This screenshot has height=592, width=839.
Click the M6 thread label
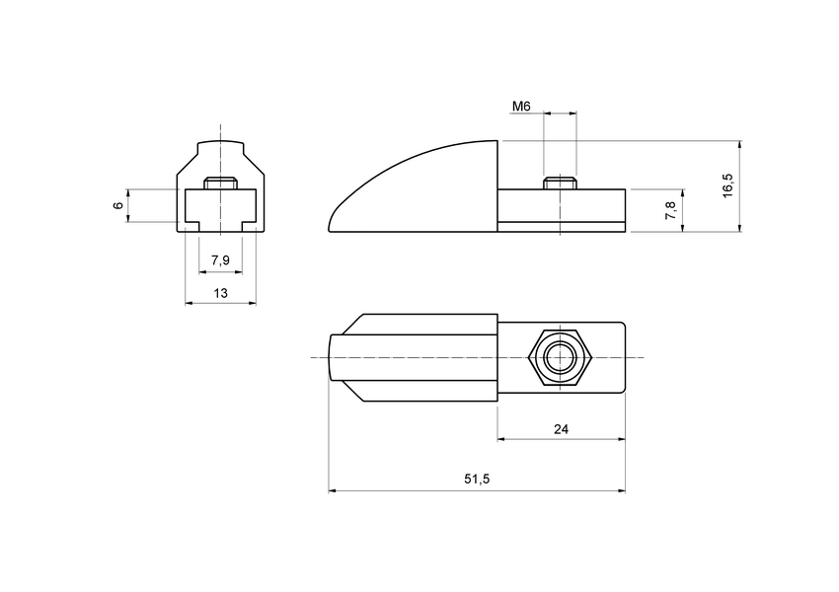tap(523, 105)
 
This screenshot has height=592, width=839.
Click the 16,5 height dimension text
tap(727, 186)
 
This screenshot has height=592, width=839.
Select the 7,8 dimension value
tap(671, 209)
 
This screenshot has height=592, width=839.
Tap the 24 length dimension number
tap(561, 429)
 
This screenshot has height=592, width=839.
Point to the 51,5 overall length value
tap(477, 480)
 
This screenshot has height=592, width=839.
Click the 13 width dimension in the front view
tap(220, 293)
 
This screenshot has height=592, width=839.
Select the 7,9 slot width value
tap(220, 260)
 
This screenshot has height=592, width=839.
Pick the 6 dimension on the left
tap(117, 205)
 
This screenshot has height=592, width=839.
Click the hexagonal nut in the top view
tap(560, 356)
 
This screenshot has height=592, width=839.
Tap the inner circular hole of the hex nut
tap(560, 356)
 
